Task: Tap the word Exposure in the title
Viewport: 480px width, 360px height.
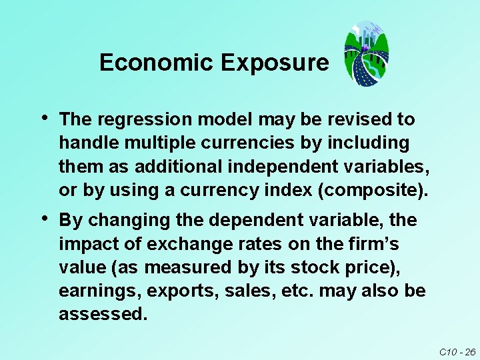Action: [275, 63]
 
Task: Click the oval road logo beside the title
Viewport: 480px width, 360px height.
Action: [366, 53]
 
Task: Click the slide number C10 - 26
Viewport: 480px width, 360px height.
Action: [457, 352]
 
